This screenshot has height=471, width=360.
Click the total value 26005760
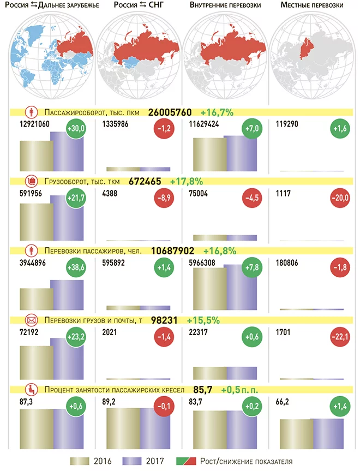pyautogui.click(x=170, y=112)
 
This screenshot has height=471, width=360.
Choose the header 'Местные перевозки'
pyautogui.click(x=311, y=5)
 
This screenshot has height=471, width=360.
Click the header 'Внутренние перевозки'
pyautogui.click(x=225, y=5)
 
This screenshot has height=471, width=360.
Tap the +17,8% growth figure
pyautogui.click(x=187, y=181)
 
